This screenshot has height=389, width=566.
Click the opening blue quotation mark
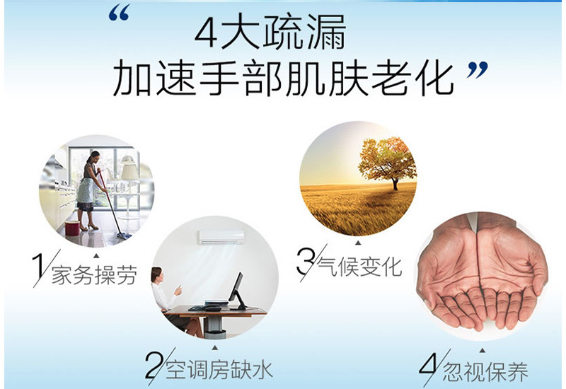(x=119, y=14)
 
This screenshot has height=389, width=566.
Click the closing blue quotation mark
(x=477, y=70)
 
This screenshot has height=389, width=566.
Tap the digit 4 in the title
(x=207, y=33)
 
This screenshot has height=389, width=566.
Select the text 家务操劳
(x=95, y=275)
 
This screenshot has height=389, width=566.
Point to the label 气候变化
(x=359, y=267)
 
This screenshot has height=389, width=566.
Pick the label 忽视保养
(x=485, y=372)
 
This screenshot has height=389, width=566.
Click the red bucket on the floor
(x=72, y=228)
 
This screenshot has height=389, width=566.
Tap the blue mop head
(x=125, y=236)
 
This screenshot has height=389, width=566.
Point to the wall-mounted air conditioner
(x=221, y=238)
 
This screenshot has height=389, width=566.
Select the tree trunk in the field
(x=395, y=185)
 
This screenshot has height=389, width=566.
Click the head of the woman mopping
(x=93, y=156)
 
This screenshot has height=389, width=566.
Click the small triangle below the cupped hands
(x=483, y=351)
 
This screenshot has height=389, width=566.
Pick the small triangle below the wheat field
(x=358, y=243)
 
